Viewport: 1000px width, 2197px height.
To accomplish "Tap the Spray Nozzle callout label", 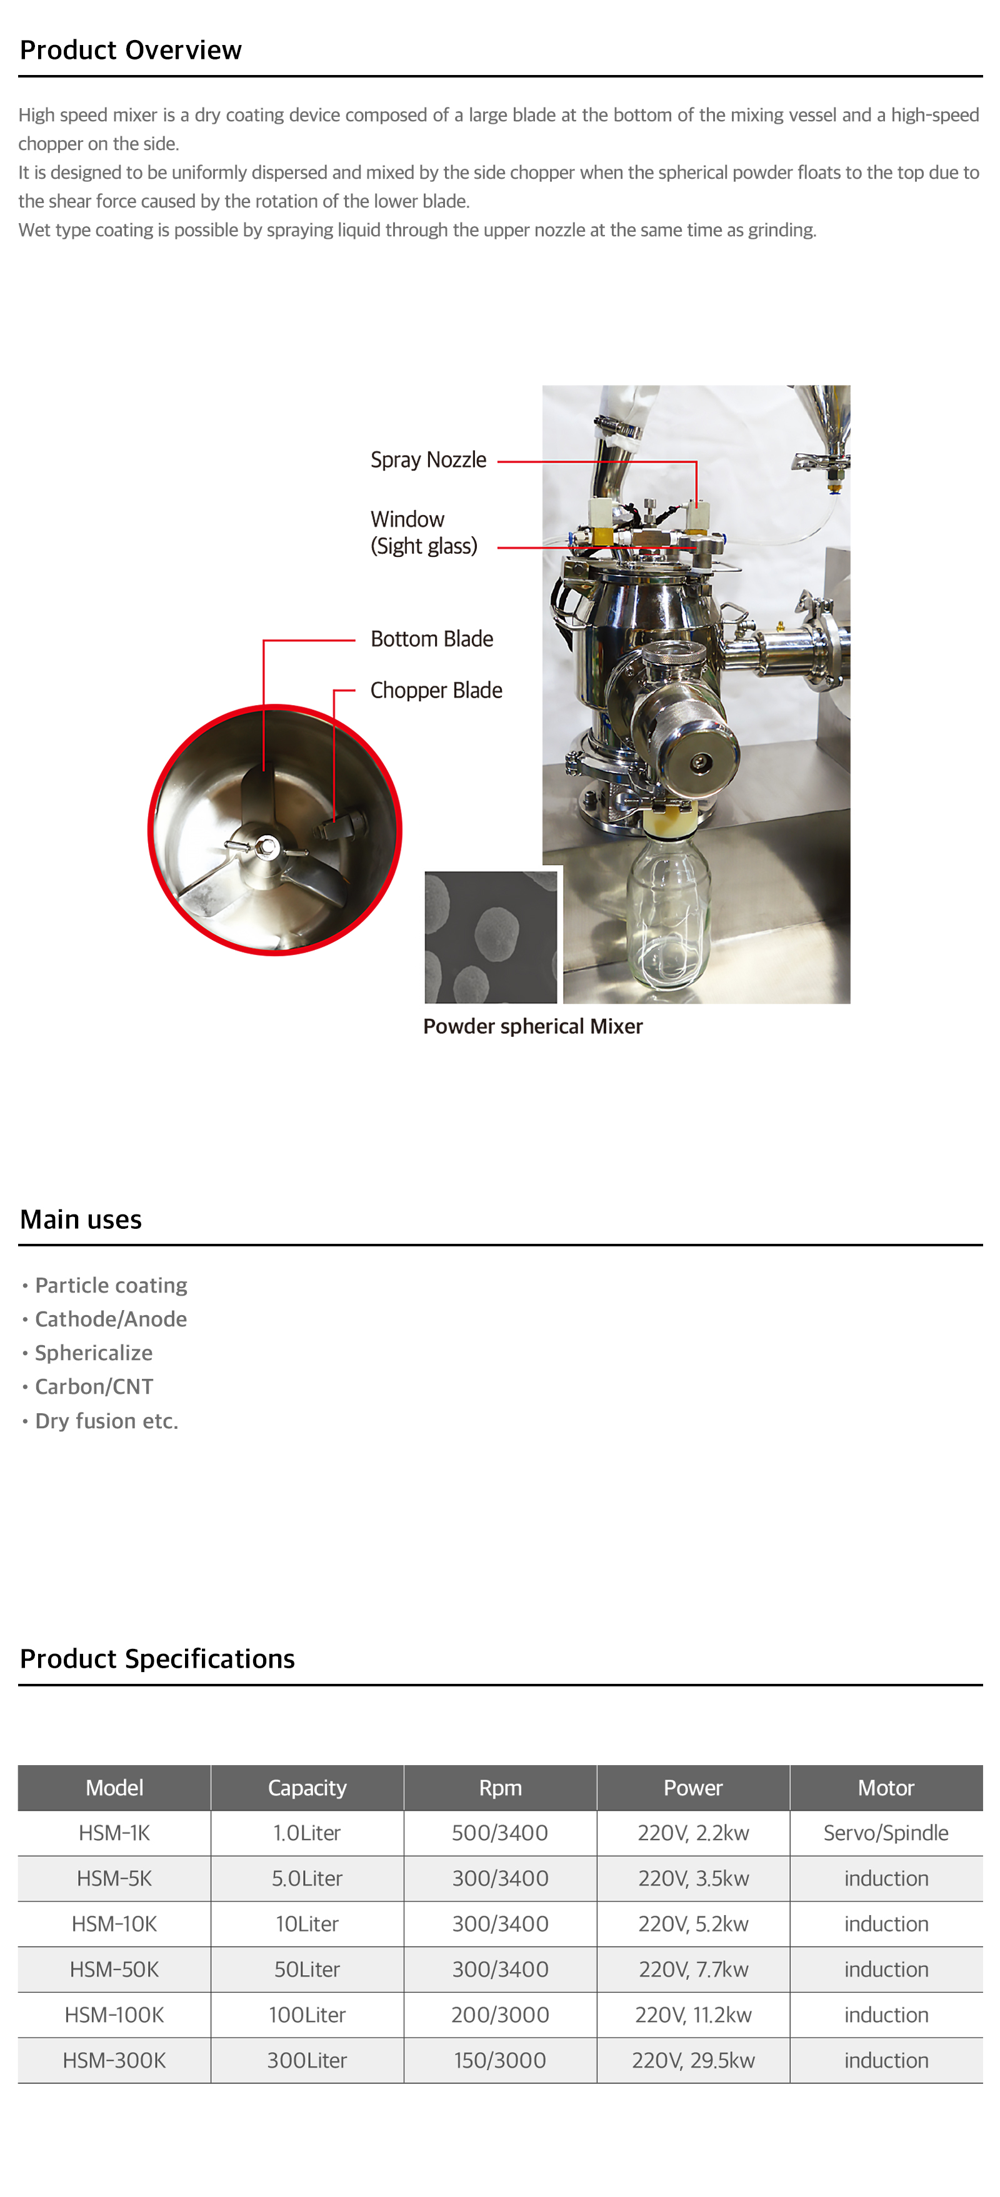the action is (x=428, y=459).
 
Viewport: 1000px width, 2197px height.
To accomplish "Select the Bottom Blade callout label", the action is (x=431, y=639).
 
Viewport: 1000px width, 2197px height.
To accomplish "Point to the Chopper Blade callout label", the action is (x=436, y=690).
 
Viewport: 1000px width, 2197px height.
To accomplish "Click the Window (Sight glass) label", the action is (x=424, y=532).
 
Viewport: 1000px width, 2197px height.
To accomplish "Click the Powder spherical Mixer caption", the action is (x=533, y=1026).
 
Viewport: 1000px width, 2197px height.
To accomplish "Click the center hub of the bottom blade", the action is (x=267, y=846).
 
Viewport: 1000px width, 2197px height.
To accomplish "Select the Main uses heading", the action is (x=81, y=1219).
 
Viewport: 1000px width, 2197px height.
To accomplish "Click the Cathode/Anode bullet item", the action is (x=111, y=1319).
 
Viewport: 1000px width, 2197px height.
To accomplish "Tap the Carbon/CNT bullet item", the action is (x=94, y=1387).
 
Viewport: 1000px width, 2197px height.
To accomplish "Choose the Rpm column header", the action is (x=501, y=1788).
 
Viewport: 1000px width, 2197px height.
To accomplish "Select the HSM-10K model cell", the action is (x=114, y=1924).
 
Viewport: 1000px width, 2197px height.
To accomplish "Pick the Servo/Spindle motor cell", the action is (x=886, y=1833).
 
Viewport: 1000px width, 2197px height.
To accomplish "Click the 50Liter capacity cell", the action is (x=307, y=1969).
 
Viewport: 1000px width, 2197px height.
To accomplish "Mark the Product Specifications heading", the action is (x=157, y=1659).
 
